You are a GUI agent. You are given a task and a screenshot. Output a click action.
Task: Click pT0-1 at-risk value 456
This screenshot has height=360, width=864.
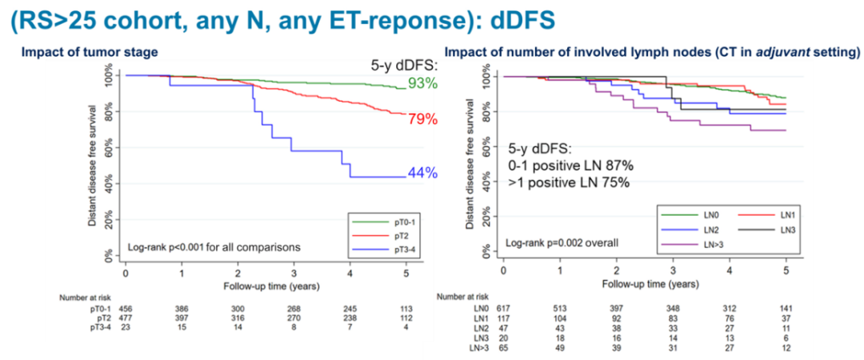click(126, 307)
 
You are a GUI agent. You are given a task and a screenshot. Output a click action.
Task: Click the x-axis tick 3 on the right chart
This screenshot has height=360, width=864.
click(673, 270)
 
